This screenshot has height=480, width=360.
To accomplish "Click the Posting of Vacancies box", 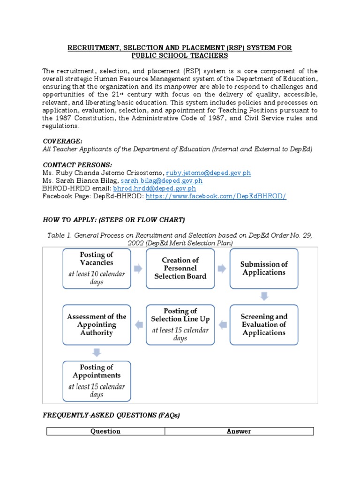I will (97, 269).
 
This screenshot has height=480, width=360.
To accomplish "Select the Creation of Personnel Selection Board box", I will (180, 268).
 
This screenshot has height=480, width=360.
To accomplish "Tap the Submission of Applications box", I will (264, 268).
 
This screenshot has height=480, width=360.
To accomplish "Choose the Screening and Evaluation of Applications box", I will (264, 324).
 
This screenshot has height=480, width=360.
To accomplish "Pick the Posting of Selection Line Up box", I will (180, 324).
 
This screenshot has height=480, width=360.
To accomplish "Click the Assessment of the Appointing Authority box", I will (97, 324).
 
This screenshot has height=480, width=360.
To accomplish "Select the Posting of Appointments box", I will (97, 380).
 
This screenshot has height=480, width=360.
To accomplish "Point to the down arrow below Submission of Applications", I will (264, 296).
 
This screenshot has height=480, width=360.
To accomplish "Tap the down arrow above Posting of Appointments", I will (97, 352).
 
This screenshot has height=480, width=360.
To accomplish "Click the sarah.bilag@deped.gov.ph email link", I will (162, 180).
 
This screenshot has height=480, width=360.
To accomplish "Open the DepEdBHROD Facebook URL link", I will (216, 196).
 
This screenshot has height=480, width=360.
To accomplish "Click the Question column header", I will (105, 431).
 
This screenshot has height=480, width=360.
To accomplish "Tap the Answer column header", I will (239, 431).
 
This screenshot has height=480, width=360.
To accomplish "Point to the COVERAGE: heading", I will (63, 141).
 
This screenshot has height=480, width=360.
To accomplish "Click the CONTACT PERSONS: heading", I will (77, 165).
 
